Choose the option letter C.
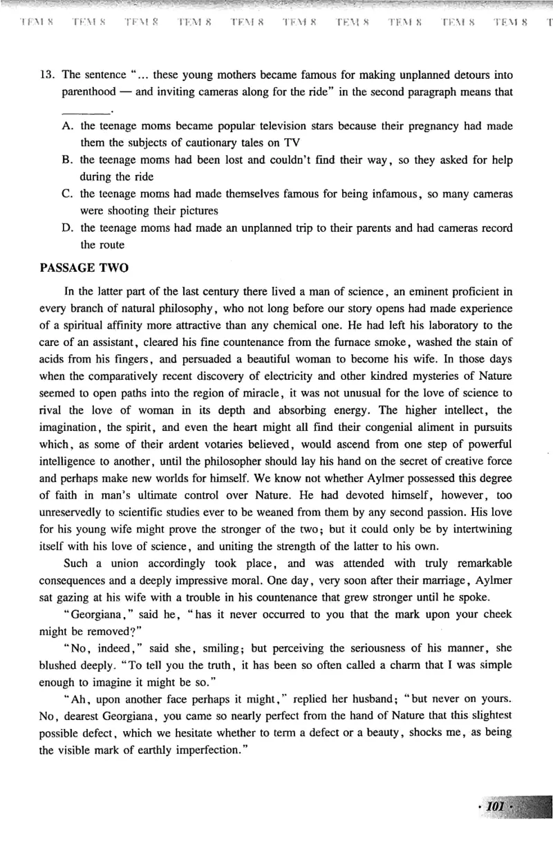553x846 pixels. click(68, 194)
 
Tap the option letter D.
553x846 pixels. click(68, 228)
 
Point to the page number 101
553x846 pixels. click(497, 806)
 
